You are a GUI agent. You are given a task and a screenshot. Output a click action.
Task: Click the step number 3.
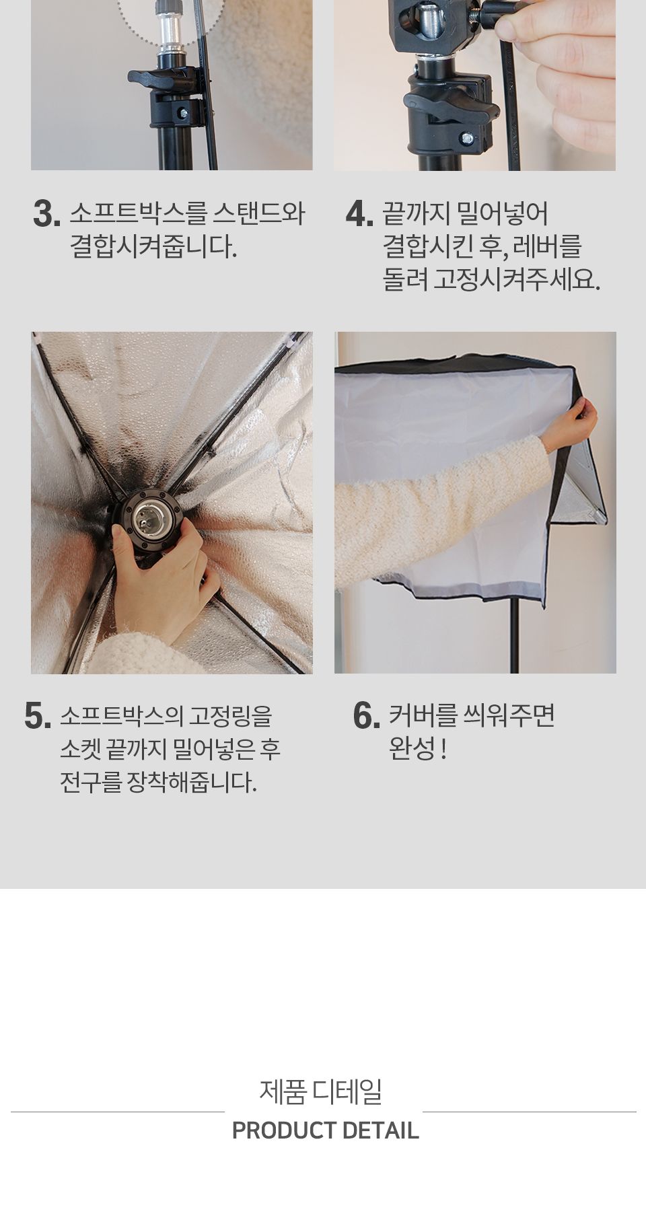(46, 214)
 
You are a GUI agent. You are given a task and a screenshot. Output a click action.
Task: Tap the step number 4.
(359, 214)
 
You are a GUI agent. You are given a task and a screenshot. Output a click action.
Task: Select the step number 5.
(38, 716)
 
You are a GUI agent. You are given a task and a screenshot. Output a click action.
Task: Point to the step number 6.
(366, 716)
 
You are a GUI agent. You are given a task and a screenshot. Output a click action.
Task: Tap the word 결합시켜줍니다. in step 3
(153, 247)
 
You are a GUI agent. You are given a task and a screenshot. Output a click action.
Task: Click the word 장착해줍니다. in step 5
(192, 783)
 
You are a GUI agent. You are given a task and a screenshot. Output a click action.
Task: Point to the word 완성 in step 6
(412, 749)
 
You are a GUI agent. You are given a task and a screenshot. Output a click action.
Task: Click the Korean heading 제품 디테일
(321, 1091)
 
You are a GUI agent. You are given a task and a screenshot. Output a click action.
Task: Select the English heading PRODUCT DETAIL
(325, 1130)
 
